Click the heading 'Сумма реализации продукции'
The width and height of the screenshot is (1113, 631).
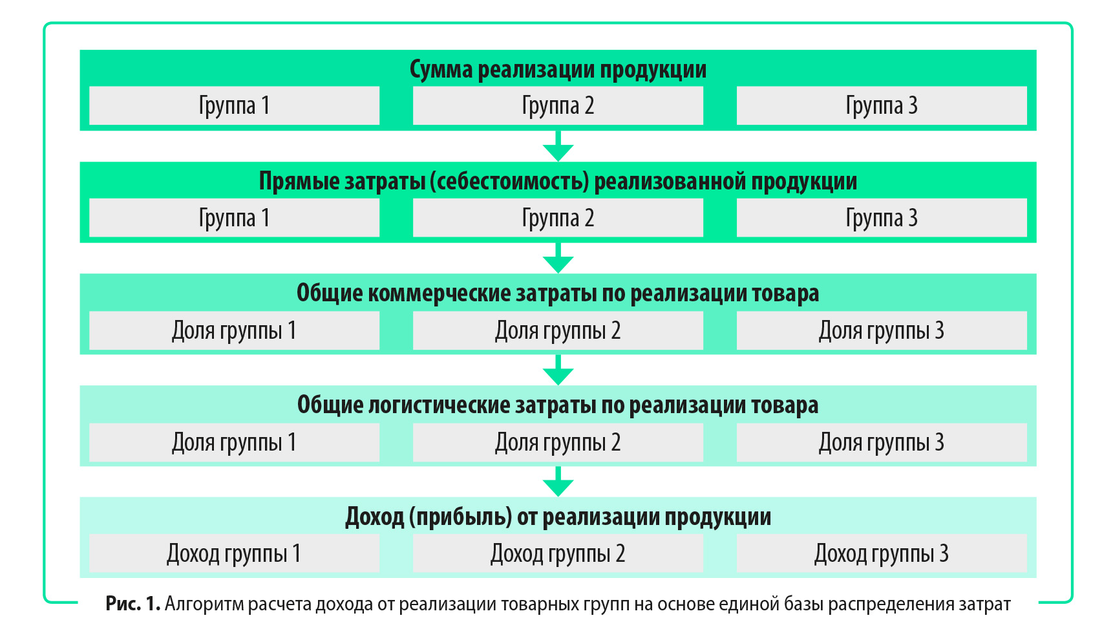pos(558,69)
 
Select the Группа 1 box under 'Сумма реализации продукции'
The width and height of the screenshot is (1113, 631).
pos(234,105)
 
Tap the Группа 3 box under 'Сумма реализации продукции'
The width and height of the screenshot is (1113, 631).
pos(882,105)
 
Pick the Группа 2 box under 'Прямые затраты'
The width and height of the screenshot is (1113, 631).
pos(558,218)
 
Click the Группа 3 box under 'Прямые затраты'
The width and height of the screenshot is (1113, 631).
pos(882,218)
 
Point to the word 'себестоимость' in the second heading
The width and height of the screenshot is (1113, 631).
pos(510,182)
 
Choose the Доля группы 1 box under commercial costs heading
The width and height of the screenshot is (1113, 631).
pos(234,330)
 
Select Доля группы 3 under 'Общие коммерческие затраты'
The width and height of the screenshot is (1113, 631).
pos(882,330)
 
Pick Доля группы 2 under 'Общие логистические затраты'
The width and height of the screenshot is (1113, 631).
pos(558,442)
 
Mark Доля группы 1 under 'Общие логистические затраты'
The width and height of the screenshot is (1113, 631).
pos(234,442)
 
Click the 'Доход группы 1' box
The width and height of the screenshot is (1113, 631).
pos(234,553)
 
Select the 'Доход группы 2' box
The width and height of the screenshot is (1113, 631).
pos(558,553)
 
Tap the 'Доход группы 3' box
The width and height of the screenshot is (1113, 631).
pos(882,553)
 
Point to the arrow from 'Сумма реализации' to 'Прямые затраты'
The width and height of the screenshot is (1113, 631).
pos(558,145)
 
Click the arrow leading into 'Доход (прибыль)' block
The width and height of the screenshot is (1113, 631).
pos(558,481)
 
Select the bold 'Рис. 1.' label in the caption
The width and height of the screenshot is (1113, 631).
pos(132,604)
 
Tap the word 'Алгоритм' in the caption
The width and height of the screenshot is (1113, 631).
pos(204,604)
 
